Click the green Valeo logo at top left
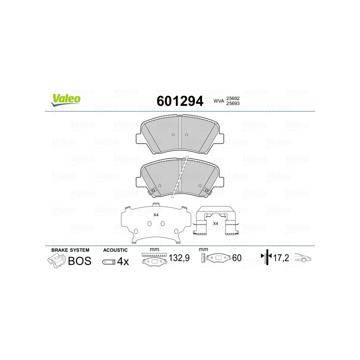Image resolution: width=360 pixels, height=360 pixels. pos(65,100)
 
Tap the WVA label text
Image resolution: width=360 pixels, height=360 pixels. pos(219,102)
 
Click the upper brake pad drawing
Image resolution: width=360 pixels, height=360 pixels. pos(180,134)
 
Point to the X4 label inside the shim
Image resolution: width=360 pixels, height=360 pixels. pos(156,215)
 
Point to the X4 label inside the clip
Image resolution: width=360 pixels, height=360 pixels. pos(215,223)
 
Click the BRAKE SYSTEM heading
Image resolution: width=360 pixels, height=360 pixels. pos(70,250)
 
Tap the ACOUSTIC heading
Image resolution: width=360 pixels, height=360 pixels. pos(116,250)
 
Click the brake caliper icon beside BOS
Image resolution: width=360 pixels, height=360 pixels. pos(56,261)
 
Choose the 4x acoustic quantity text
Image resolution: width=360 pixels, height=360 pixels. pos(123,261)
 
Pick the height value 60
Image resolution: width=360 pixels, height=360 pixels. pos(237,258)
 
